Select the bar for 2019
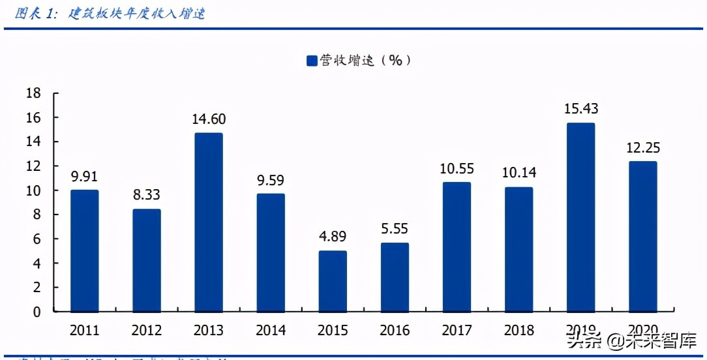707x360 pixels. (x=580, y=217)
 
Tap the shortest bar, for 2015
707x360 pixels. (x=332, y=280)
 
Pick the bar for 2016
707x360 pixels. (x=395, y=277)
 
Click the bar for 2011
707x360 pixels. (x=84, y=250)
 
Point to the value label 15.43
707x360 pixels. (x=580, y=109)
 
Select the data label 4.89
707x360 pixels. (x=332, y=237)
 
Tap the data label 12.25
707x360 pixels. (x=642, y=147)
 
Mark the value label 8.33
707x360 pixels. (x=146, y=195)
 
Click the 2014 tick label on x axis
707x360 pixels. (x=270, y=330)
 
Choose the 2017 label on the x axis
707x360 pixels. (x=457, y=330)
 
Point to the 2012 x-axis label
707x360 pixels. (x=146, y=330)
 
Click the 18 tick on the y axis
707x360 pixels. (x=33, y=93)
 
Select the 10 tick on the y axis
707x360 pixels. (x=33, y=190)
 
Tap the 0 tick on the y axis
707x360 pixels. (x=37, y=312)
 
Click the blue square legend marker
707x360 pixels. (x=312, y=61)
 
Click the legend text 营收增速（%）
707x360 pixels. (x=365, y=61)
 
